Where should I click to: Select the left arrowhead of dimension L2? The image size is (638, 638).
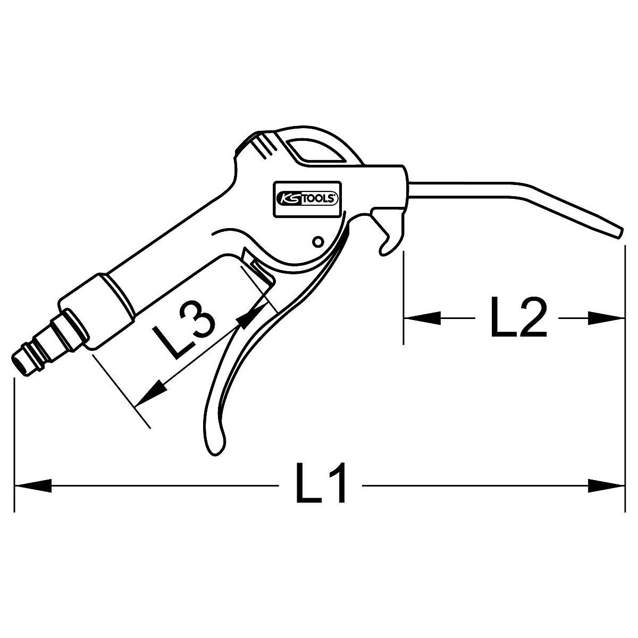(x=423, y=318)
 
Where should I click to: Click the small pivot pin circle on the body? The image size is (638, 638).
(x=317, y=242)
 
